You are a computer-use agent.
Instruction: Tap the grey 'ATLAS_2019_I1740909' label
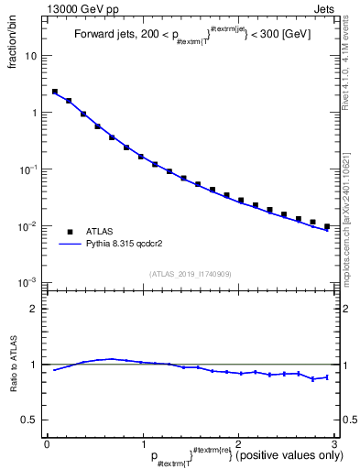[x=191, y=274]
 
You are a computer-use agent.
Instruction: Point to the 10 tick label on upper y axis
[x=31, y=56]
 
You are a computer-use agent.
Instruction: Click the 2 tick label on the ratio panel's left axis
[x=34, y=308]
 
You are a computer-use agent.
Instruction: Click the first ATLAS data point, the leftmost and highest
[x=54, y=92]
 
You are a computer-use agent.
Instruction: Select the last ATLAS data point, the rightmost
[x=327, y=226]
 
